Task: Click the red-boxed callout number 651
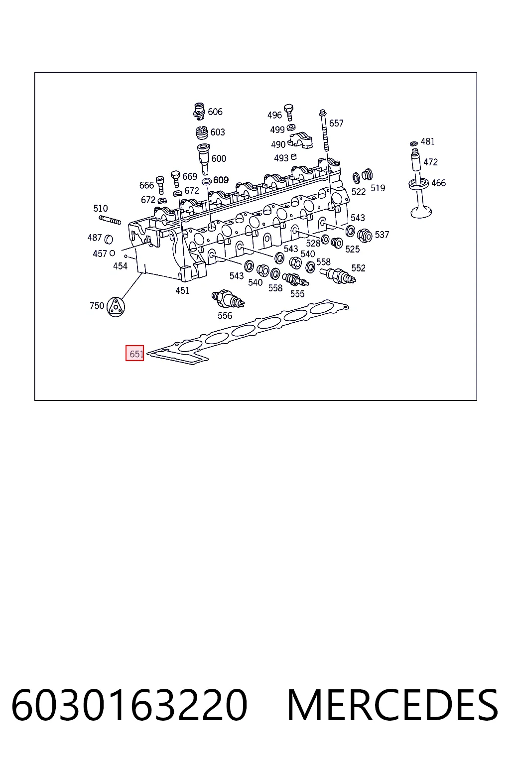(x=134, y=354)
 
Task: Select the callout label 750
(x=97, y=305)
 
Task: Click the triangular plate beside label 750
(x=116, y=307)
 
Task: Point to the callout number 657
(x=336, y=123)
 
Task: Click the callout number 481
(x=428, y=141)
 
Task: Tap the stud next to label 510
(x=110, y=220)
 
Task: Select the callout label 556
(x=225, y=316)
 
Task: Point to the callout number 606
(x=215, y=112)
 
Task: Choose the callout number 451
(x=182, y=290)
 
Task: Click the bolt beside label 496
(x=289, y=112)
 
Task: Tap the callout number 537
(x=382, y=235)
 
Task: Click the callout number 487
(x=95, y=237)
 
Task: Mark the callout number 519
(x=378, y=188)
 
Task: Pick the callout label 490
(x=278, y=144)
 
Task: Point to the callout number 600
(x=219, y=158)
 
